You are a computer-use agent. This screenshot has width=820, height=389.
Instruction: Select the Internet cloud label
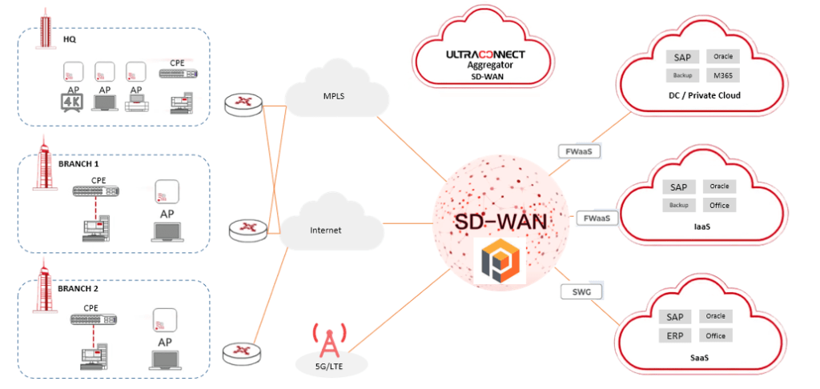[x=326, y=231]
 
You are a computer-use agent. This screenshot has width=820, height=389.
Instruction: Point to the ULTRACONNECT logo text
[x=484, y=54]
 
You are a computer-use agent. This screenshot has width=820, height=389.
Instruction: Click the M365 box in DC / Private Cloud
[x=723, y=75]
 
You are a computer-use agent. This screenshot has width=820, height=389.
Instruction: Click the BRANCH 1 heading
[x=78, y=163]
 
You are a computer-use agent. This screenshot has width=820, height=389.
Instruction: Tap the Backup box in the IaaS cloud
[x=678, y=206]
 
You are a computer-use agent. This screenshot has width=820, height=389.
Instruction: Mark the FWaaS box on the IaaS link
[x=597, y=218]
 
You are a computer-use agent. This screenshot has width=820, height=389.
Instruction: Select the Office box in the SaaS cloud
[x=716, y=335]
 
